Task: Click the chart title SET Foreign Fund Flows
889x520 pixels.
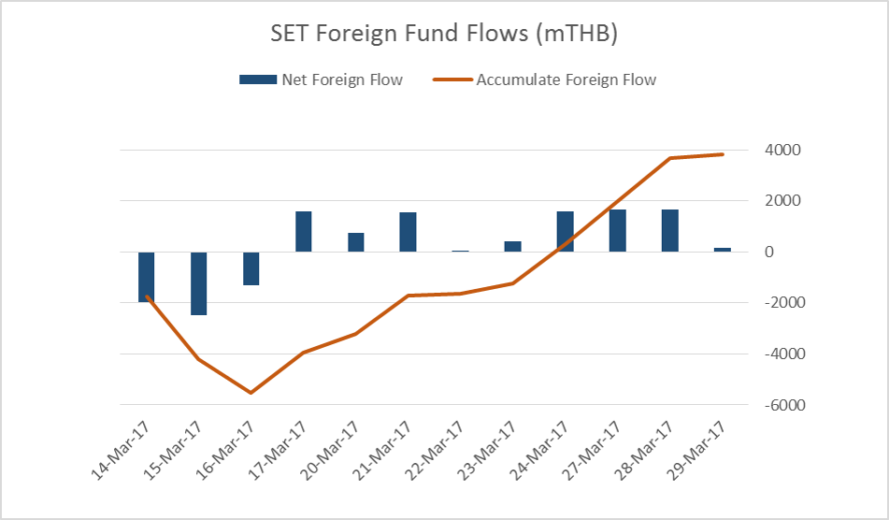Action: click(x=444, y=35)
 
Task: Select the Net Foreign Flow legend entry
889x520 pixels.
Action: click(x=321, y=79)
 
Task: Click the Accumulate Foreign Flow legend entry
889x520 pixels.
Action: click(x=545, y=79)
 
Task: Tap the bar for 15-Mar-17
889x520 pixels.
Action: click(x=199, y=283)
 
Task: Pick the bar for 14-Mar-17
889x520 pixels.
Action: click(x=147, y=277)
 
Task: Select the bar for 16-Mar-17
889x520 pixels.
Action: click(x=251, y=268)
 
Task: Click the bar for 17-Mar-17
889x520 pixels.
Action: click(x=303, y=232)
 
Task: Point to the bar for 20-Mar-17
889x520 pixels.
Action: click(x=355, y=242)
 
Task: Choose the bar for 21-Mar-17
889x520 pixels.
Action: click(x=408, y=232)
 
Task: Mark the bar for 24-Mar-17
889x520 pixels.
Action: click(x=565, y=232)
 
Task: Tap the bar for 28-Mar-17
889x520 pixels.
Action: click(x=669, y=231)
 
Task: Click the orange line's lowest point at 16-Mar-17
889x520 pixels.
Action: click(x=251, y=393)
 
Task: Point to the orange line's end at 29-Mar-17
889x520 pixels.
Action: click(x=723, y=154)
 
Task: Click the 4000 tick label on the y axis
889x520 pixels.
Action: click(x=772, y=151)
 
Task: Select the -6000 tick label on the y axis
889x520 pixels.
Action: click(x=769, y=406)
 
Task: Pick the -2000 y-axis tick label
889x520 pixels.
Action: click(x=769, y=304)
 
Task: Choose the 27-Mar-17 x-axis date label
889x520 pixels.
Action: click(x=595, y=451)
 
